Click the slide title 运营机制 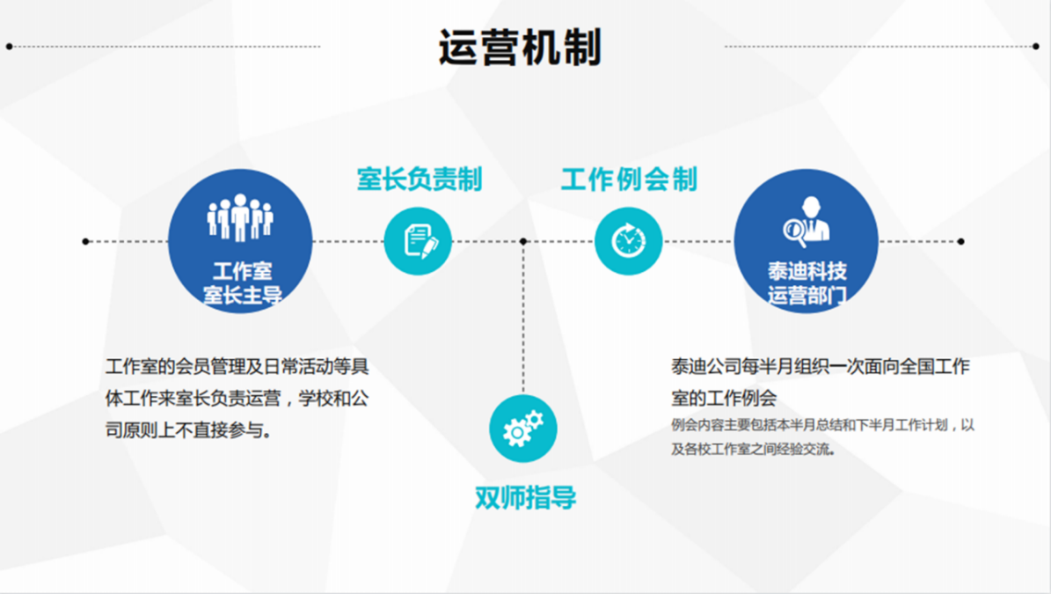[x=520, y=48]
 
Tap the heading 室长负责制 [x=419, y=180]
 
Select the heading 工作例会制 [x=629, y=180]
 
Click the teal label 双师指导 [x=526, y=497]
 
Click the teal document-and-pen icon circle [x=418, y=241]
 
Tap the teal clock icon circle [x=629, y=241]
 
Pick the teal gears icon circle [x=523, y=429]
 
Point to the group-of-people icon [x=240, y=217]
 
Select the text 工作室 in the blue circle [x=242, y=272]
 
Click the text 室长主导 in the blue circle [x=242, y=295]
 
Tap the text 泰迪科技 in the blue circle [x=807, y=272]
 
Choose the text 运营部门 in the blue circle [x=807, y=295]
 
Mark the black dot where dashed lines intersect [x=523, y=241]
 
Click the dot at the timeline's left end [x=85, y=241]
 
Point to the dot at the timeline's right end [x=960, y=241]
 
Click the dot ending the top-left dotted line [x=9, y=47]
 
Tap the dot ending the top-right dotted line [x=1035, y=47]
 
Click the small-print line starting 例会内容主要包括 [x=822, y=425]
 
